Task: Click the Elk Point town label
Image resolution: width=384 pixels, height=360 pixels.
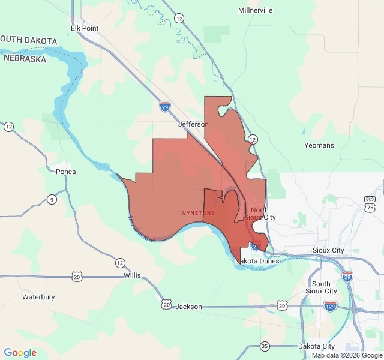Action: (84, 28)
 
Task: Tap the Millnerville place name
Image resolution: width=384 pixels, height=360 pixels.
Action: (255, 10)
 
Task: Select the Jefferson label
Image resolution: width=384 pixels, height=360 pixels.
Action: (193, 124)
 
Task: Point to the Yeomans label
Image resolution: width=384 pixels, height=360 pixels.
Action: (319, 145)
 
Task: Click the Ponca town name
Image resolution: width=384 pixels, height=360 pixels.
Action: (65, 172)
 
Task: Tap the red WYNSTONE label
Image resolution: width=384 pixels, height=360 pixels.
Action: (197, 213)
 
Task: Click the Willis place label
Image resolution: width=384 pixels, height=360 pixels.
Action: (132, 275)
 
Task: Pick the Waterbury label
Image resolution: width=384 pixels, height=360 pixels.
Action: (38, 297)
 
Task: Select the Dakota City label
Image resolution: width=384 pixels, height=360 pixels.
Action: (316, 346)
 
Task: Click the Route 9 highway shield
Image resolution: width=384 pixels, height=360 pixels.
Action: (52, 199)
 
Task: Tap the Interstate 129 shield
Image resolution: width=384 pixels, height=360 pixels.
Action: (330, 306)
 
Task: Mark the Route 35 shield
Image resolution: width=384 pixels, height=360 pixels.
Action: (265, 346)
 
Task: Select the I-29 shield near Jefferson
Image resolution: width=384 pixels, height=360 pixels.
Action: (165, 106)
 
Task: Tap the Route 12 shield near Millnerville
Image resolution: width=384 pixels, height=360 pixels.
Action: (179, 19)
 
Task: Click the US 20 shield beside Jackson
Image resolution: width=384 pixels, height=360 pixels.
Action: (166, 305)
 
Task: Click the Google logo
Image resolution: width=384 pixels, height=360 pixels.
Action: (20, 353)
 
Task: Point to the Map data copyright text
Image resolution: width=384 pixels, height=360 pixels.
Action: (346, 356)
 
